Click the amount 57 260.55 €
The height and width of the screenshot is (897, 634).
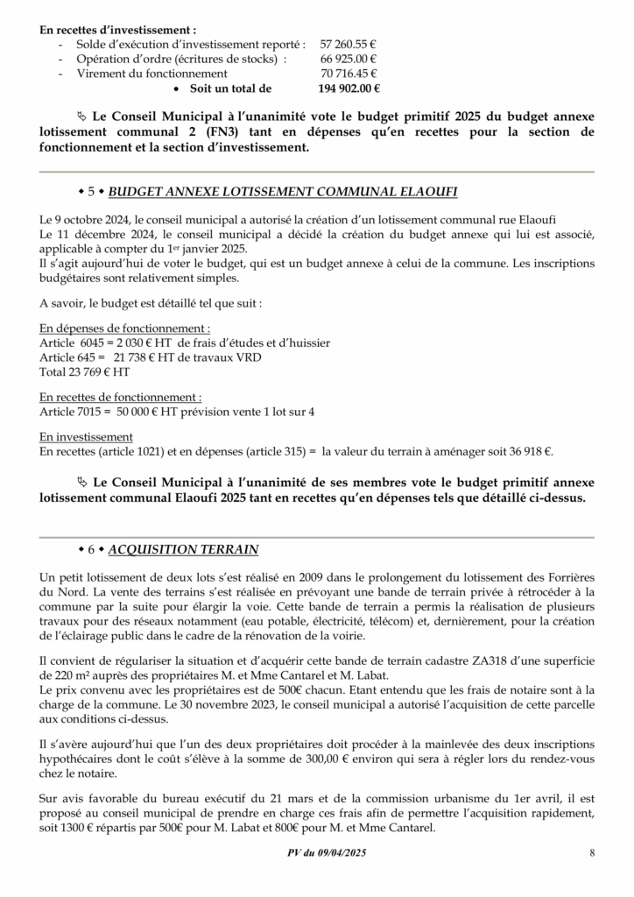[x=348, y=43]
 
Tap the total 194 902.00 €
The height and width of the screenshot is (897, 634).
[x=348, y=88]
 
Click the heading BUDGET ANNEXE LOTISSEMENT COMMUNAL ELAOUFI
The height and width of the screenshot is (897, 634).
[x=283, y=191]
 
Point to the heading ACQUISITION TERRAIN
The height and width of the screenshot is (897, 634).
[x=183, y=549]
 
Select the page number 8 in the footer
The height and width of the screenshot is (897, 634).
[x=592, y=853]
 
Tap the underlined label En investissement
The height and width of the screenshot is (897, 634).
[x=87, y=436]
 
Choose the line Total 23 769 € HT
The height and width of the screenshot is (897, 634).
[x=85, y=371]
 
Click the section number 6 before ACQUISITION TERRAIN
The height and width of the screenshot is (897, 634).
[x=90, y=549]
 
